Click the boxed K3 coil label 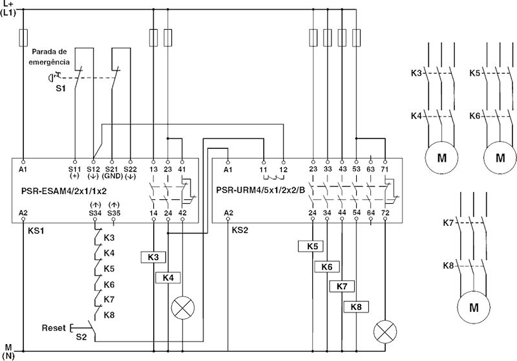153,257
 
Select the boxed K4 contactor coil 168,277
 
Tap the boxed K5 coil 312,246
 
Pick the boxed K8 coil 356,307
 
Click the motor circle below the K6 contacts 500,157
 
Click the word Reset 53,328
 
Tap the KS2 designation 240,229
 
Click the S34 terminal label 95,212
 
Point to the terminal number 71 385,169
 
